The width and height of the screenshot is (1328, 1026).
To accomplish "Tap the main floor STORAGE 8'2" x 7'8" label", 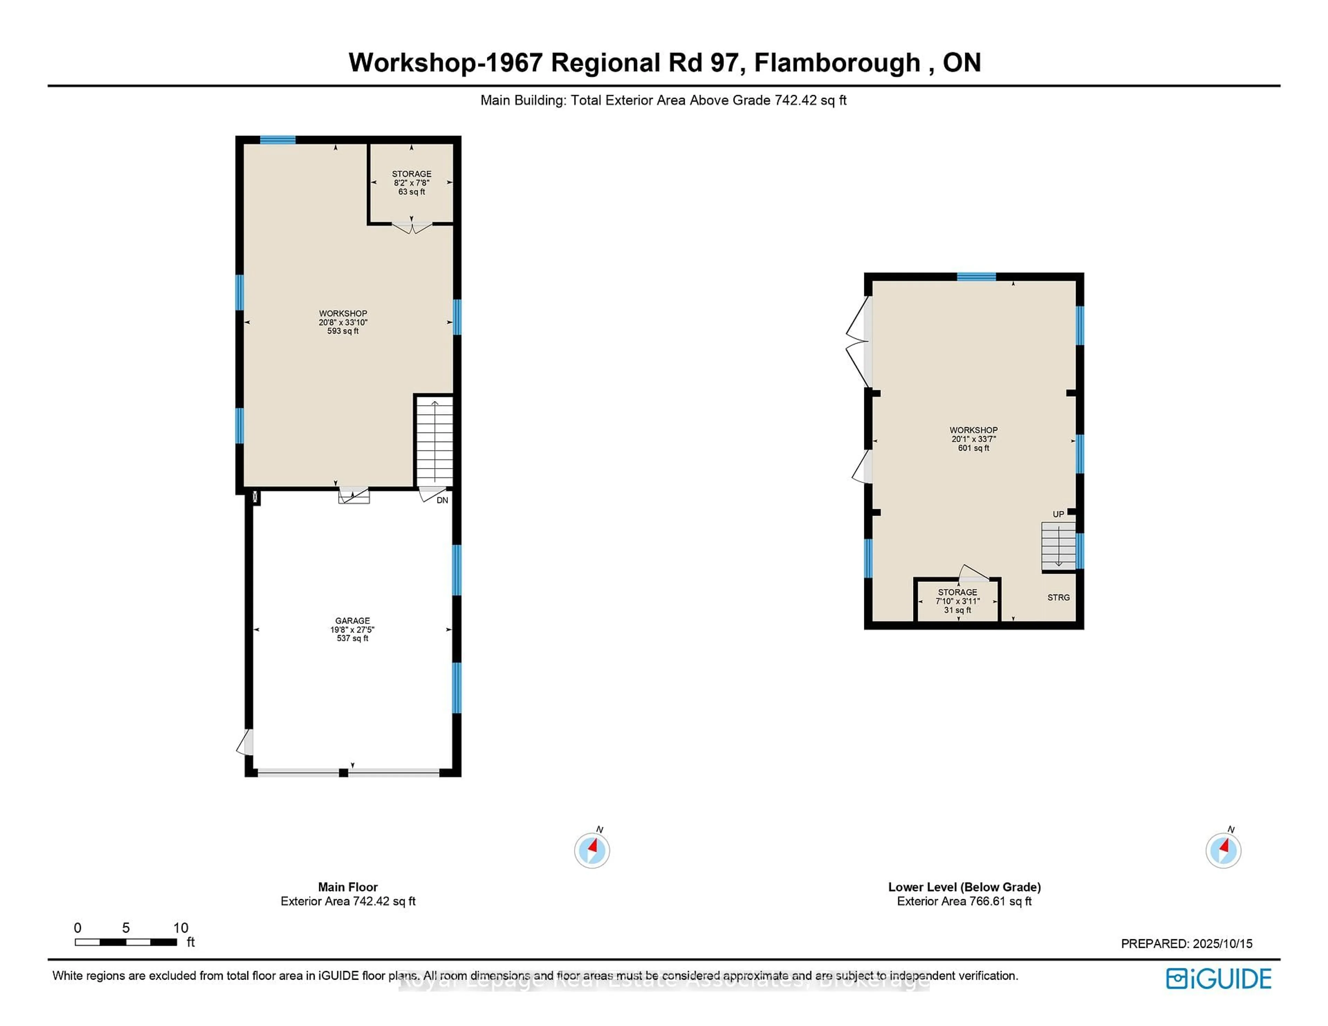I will [x=412, y=182].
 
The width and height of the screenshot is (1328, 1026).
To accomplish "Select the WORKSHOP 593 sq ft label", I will [x=343, y=322].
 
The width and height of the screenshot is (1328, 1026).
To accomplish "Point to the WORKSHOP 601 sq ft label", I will [x=974, y=438].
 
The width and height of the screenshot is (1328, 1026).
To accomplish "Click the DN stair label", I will [x=442, y=500].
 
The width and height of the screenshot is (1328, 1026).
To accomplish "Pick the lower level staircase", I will [x=1059, y=545].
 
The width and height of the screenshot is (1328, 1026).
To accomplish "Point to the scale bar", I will [x=126, y=942].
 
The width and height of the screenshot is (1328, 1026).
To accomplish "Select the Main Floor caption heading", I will [x=348, y=887].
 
